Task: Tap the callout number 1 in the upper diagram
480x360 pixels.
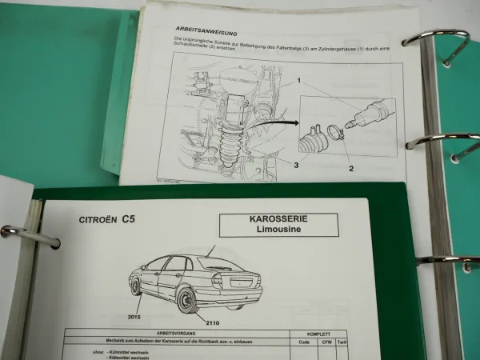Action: [298, 82]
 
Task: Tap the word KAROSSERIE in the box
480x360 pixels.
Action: [281, 218]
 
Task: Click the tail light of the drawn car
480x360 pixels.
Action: [218, 280]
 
